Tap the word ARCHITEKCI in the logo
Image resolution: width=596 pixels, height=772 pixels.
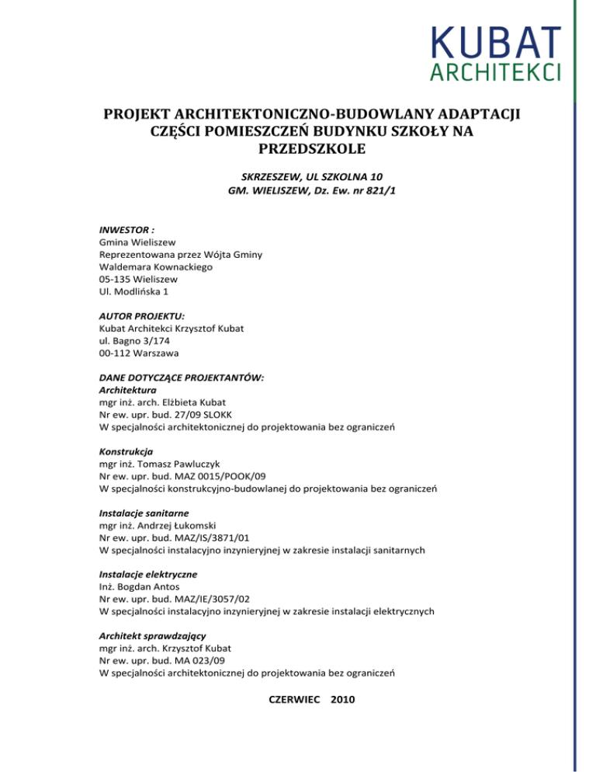pyautogui.click(x=494, y=72)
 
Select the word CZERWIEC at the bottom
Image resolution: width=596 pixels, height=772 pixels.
pyautogui.click(x=294, y=699)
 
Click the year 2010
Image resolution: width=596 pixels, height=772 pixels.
pyautogui.click(x=343, y=699)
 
